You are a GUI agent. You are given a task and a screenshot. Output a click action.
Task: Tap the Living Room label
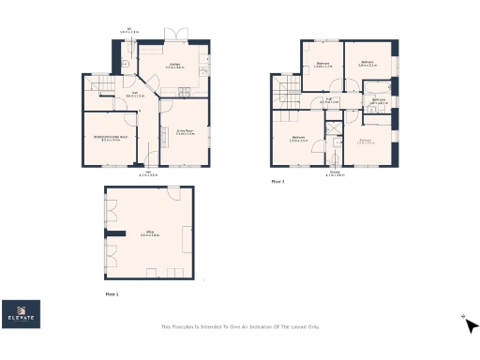[x=185, y=133]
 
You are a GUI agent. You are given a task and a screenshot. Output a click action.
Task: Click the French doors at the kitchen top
[x=174, y=35]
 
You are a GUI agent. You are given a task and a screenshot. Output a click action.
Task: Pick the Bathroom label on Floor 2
[x=379, y=100]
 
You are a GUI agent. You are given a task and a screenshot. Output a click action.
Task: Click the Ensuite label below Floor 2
[x=335, y=174]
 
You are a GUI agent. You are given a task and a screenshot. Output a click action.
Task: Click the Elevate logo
[x=21, y=315]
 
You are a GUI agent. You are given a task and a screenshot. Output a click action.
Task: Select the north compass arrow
[x=471, y=325]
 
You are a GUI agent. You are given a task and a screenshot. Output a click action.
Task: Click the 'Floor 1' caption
[x=112, y=293]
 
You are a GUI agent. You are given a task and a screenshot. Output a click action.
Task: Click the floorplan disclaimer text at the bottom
[x=240, y=326]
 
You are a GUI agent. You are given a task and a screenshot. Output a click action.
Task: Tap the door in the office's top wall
[x=172, y=189]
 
